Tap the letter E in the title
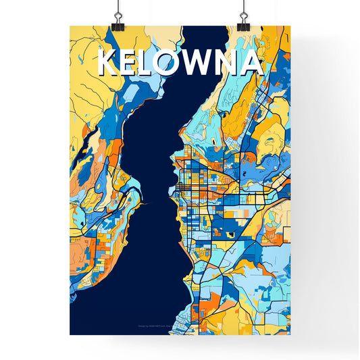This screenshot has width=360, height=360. click(132, 63)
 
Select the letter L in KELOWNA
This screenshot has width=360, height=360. click(152, 63)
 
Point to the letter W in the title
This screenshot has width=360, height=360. click(202, 63)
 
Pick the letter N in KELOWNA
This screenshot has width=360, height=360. click(229, 63)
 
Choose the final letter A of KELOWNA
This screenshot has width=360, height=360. click(252, 63)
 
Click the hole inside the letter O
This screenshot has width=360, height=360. click(174, 63)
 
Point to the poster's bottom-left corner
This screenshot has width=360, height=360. click(70, 334)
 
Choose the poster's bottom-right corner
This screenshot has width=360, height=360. click(290, 334)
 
